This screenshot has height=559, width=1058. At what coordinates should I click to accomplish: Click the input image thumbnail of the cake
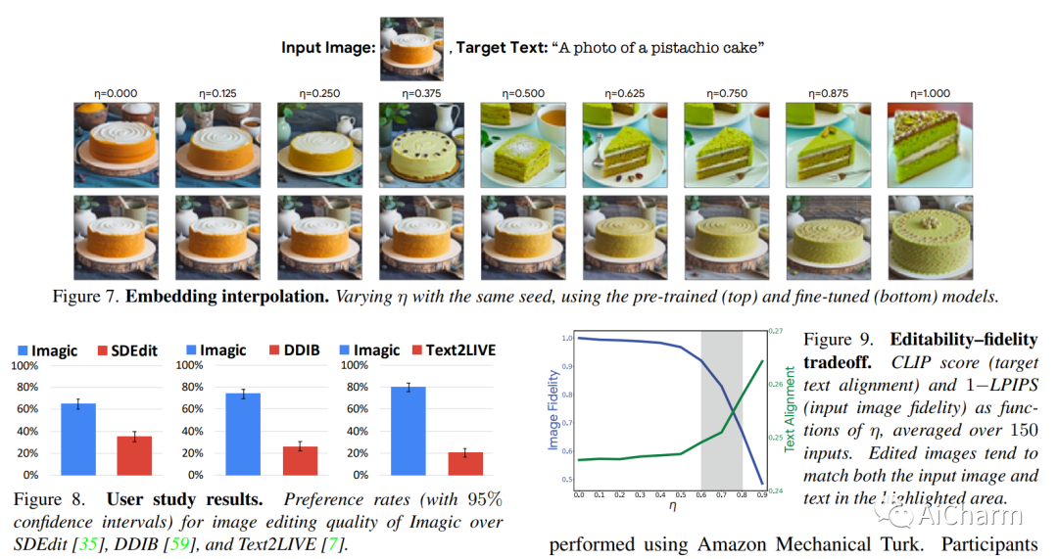(x=410, y=48)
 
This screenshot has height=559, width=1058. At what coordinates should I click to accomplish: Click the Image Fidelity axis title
(x=553, y=410)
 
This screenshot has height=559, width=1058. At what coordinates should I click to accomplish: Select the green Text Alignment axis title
(x=789, y=410)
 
